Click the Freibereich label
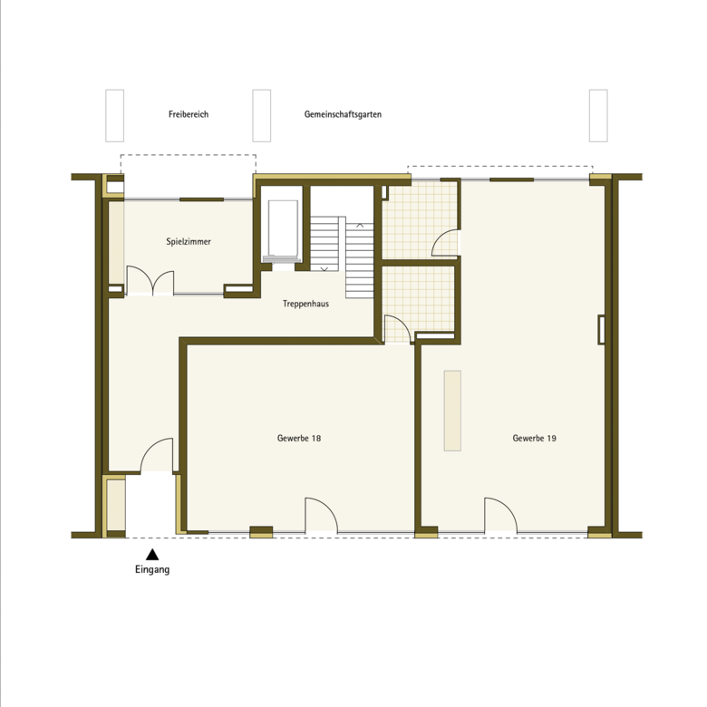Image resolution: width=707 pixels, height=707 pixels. [189, 114]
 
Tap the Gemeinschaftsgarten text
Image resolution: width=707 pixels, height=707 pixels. [343, 114]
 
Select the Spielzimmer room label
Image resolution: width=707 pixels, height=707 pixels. [189, 242]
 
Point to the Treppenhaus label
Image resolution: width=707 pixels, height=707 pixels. [305, 304]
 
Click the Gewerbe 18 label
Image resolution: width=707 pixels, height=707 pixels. [299, 438]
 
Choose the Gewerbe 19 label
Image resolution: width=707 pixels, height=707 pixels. [534, 438]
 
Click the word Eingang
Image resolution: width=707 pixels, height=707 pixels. [152, 569]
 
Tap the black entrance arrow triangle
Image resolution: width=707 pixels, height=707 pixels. [152, 554]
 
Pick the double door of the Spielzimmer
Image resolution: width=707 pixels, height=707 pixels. [150, 280]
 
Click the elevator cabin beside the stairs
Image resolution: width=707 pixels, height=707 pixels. [283, 229]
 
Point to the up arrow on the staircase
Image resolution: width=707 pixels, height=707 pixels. [360, 225]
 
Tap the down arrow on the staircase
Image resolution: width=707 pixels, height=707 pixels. [324, 268]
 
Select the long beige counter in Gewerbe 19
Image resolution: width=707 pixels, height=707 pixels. [452, 411]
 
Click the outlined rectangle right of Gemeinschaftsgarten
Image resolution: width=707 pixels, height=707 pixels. [598, 115]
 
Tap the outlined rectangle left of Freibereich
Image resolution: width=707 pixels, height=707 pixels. [114, 115]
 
